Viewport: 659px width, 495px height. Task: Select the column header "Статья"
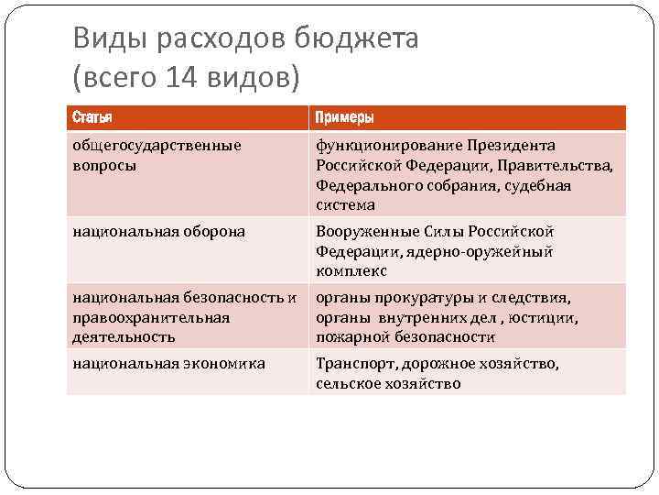[x=93, y=117]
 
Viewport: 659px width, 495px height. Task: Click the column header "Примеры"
[x=344, y=117]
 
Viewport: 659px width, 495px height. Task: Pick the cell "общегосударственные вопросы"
[x=157, y=155]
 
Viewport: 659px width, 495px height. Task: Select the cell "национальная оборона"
[x=159, y=232]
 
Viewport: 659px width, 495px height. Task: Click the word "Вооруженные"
[x=362, y=232]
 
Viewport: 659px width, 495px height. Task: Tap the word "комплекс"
[x=351, y=271]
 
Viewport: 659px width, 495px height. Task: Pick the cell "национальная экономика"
[x=169, y=364]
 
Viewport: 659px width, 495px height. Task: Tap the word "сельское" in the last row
[x=349, y=383]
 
